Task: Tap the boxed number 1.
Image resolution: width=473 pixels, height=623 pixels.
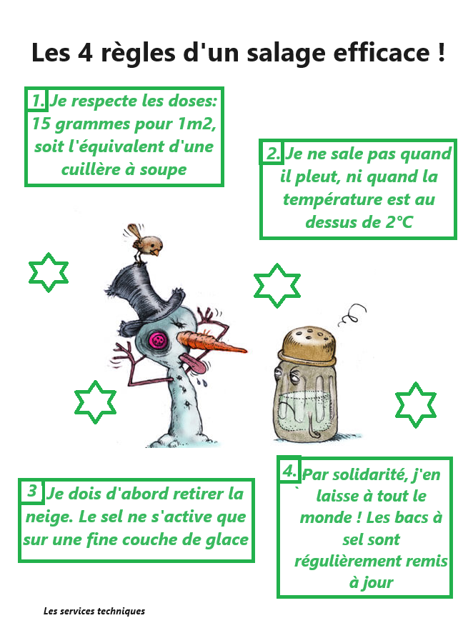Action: click(x=37, y=99)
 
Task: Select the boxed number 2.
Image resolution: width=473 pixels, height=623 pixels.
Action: click(x=272, y=153)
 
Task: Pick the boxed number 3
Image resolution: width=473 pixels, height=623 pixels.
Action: click(x=31, y=492)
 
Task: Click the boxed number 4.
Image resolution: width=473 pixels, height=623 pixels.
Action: click(x=289, y=470)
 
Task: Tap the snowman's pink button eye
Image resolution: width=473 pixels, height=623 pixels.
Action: click(x=156, y=340)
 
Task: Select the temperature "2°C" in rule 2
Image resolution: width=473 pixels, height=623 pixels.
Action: click(x=397, y=221)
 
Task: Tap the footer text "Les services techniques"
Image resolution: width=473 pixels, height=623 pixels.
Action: click(x=94, y=611)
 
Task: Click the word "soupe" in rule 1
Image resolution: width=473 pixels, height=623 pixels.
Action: click(x=164, y=169)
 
